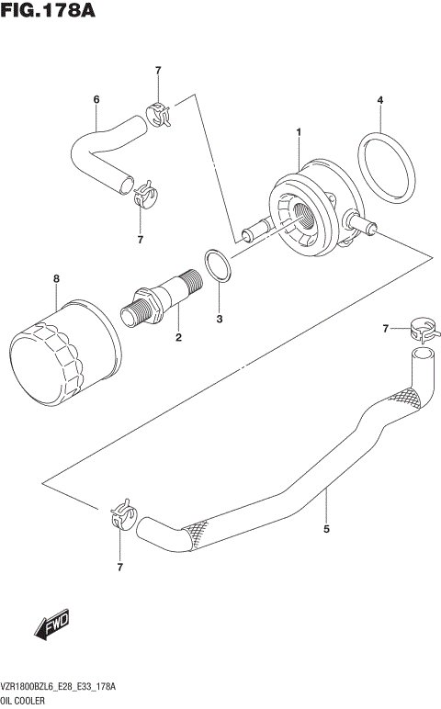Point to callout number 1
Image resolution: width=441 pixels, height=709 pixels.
[299, 133]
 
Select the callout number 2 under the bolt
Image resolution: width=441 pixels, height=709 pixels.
[178, 338]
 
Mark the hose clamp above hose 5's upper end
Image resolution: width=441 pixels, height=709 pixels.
[422, 328]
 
